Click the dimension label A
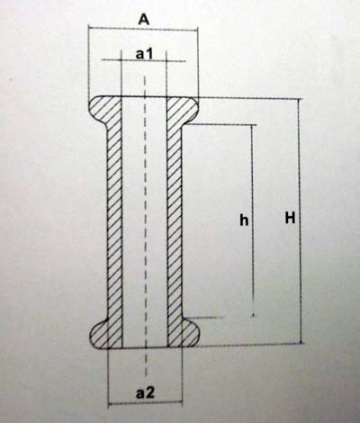(144, 20)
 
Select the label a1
(145, 54)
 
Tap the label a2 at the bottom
(145, 393)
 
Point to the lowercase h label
(244, 220)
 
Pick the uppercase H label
(290, 218)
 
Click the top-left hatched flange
(105, 111)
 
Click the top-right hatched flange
(183, 111)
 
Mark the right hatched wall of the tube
(175, 222)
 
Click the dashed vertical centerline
(145, 225)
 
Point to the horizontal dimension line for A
(143, 29)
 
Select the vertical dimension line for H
(299, 221)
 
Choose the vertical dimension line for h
(253, 220)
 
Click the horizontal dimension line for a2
(146, 404)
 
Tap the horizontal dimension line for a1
(144, 61)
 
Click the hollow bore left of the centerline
(133, 222)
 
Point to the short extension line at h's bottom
(204, 317)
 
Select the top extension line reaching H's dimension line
(250, 98)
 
